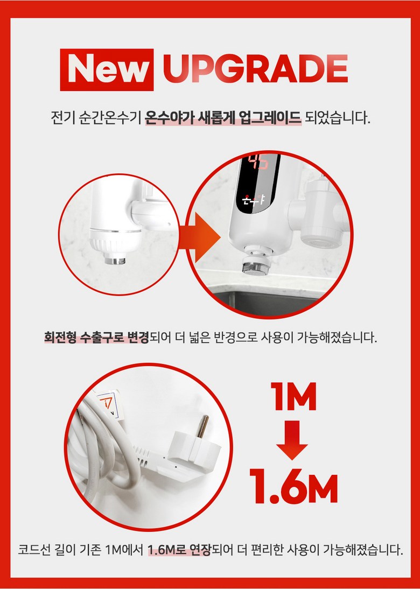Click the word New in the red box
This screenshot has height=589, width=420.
[107, 69]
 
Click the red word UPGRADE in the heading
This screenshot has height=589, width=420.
[255, 69]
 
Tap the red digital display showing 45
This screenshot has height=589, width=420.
[258, 162]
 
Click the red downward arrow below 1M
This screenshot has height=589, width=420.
[292, 440]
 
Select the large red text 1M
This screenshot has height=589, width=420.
[294, 396]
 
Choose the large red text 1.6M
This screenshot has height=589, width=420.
[293, 486]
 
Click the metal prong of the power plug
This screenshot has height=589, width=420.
[203, 426]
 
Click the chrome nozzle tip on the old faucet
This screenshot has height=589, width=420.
[115, 260]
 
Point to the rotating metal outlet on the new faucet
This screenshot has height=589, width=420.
[255, 265]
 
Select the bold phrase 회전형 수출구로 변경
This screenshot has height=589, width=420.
[96, 337]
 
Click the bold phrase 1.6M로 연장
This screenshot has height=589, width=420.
[179, 550]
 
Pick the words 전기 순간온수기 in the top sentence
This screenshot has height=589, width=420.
[96, 117]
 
